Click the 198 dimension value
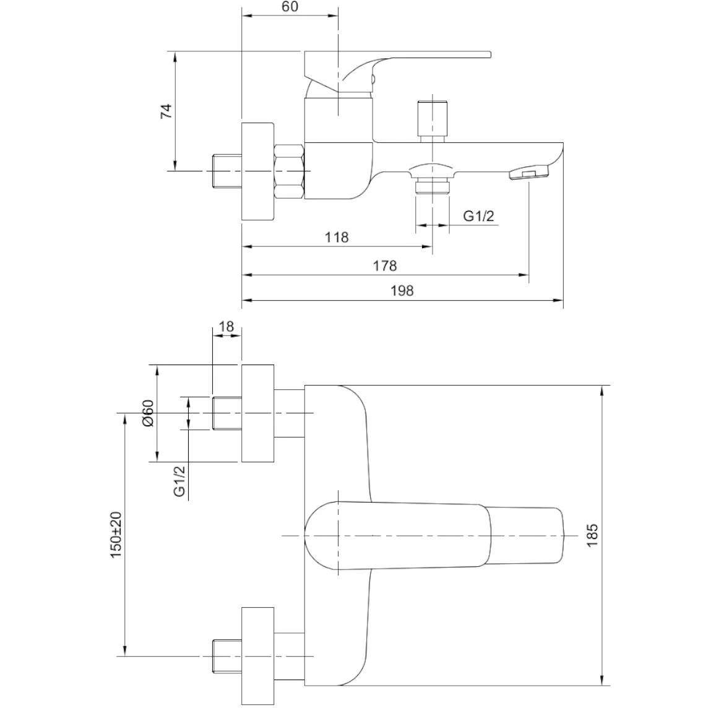point(402,290)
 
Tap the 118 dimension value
point(337,237)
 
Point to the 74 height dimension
point(166,111)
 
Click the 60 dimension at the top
point(290,7)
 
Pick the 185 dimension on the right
point(592,535)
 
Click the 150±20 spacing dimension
point(116,535)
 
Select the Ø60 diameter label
point(147,413)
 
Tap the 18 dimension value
point(226,326)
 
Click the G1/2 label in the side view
point(479,216)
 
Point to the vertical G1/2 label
point(180,480)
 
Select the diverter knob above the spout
point(433,119)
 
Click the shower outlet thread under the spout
point(431,186)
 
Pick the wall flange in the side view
point(257,170)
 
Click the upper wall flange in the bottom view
point(257,413)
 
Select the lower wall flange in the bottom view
point(257,655)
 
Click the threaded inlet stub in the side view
point(226,170)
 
